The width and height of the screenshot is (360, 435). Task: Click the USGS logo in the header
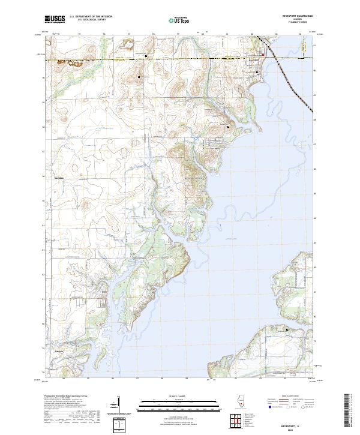pyautogui.click(x=55, y=19)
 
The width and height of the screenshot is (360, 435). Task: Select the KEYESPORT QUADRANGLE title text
pyautogui.click(x=293, y=16)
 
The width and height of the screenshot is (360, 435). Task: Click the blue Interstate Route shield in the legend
pyautogui.click(x=269, y=407)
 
